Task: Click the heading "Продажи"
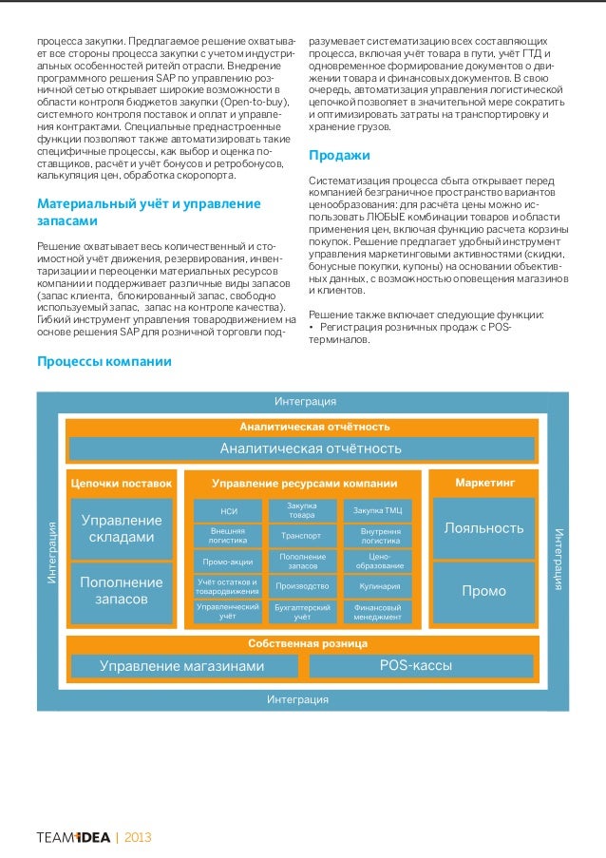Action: click(x=339, y=156)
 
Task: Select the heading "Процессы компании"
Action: click(x=104, y=362)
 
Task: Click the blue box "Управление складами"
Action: click(x=122, y=529)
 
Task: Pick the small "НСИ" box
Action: click(x=228, y=511)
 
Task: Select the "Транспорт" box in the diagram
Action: click(x=301, y=536)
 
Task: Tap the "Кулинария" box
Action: click(x=379, y=586)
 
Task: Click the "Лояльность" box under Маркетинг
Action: click(x=484, y=527)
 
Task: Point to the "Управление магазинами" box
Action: click(x=182, y=666)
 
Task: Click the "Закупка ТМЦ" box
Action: click(x=379, y=511)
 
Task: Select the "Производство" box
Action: click(x=301, y=586)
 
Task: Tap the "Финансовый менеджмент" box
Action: click(x=379, y=611)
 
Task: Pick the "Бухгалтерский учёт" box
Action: click(x=301, y=611)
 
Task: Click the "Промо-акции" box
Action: click(x=228, y=562)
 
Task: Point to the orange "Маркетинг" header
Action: click(x=484, y=483)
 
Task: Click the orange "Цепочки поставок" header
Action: click(x=122, y=483)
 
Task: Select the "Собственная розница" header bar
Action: click(x=303, y=643)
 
